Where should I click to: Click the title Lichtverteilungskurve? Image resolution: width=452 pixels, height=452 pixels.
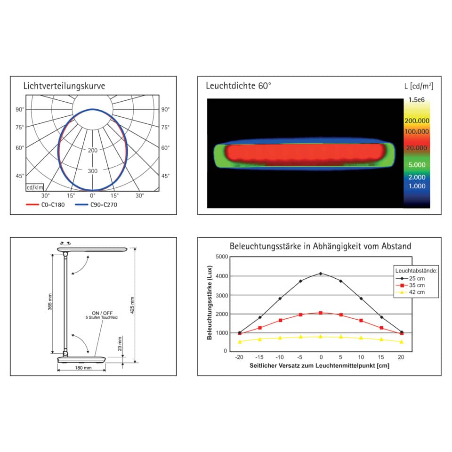(64, 86)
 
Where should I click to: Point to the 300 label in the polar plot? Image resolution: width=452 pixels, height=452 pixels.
(93, 171)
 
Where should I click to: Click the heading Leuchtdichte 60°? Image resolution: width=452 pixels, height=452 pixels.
(239, 86)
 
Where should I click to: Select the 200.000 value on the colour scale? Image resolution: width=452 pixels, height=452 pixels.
(417, 121)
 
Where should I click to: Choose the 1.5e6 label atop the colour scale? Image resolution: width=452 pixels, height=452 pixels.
(417, 100)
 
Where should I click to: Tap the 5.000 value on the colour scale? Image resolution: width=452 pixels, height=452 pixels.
(417, 165)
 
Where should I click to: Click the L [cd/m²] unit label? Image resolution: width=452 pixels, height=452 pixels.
(419, 86)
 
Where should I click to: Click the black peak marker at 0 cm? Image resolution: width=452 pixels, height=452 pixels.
(321, 274)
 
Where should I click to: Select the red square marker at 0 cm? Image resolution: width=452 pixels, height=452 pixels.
(321, 313)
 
